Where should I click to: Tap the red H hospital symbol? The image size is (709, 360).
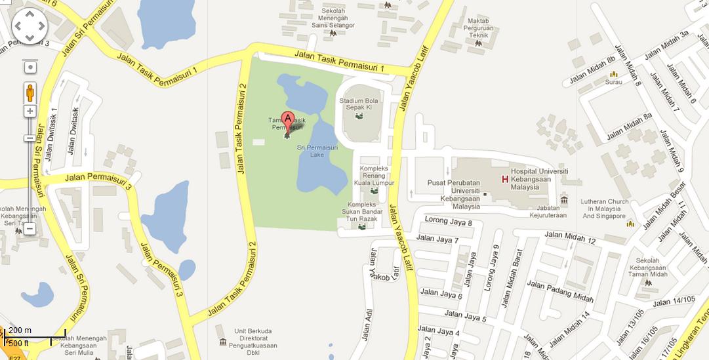505,179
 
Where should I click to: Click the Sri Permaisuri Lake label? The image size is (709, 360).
310,151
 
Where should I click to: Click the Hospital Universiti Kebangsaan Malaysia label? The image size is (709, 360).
539,179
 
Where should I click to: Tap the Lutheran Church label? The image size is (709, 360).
605,209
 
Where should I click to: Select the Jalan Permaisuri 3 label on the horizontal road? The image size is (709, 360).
99,180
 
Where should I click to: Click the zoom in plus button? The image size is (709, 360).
30,111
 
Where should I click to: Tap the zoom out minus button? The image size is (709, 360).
30,229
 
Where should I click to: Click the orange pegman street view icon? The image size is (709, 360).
30,92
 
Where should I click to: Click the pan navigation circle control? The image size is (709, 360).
30,26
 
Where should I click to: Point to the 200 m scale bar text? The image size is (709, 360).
20,330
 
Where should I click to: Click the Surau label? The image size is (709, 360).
613,82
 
